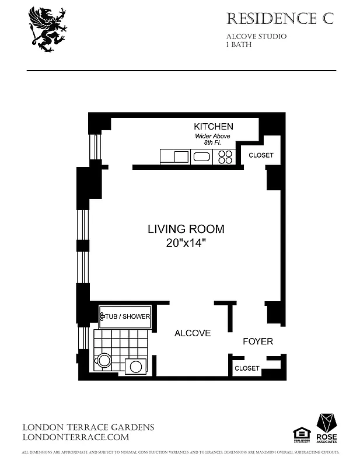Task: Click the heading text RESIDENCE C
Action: [x=279, y=19]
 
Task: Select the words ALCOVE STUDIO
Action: [x=256, y=36]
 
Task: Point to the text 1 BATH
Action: [x=239, y=44]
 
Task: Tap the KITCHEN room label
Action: [x=214, y=126]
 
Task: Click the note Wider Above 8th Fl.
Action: [x=212, y=139]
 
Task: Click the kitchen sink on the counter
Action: [x=202, y=156]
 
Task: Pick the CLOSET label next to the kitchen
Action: [x=261, y=155]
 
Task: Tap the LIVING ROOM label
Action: [x=186, y=229]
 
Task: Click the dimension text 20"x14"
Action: [x=186, y=244]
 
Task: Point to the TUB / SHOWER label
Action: [x=127, y=316]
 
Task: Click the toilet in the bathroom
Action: [x=104, y=360]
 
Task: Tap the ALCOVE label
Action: [x=193, y=333]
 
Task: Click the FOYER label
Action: [x=257, y=341]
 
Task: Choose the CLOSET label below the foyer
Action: [x=246, y=368]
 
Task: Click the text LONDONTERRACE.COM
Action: [x=75, y=437]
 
